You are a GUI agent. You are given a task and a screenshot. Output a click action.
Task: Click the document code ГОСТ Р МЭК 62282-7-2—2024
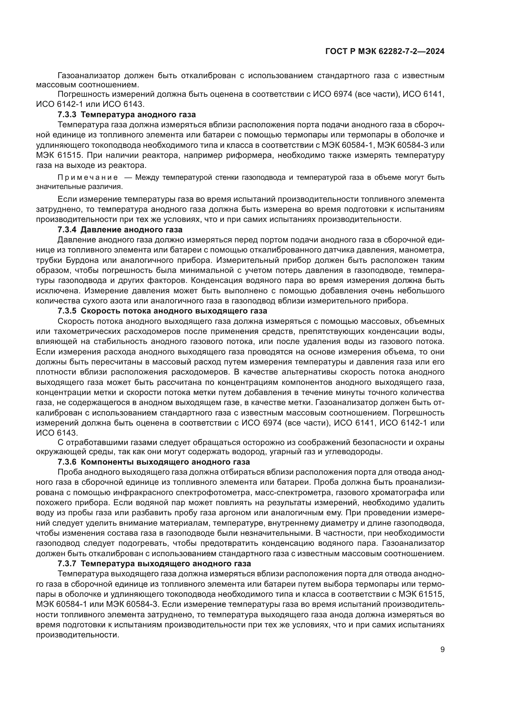pos(385,52)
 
